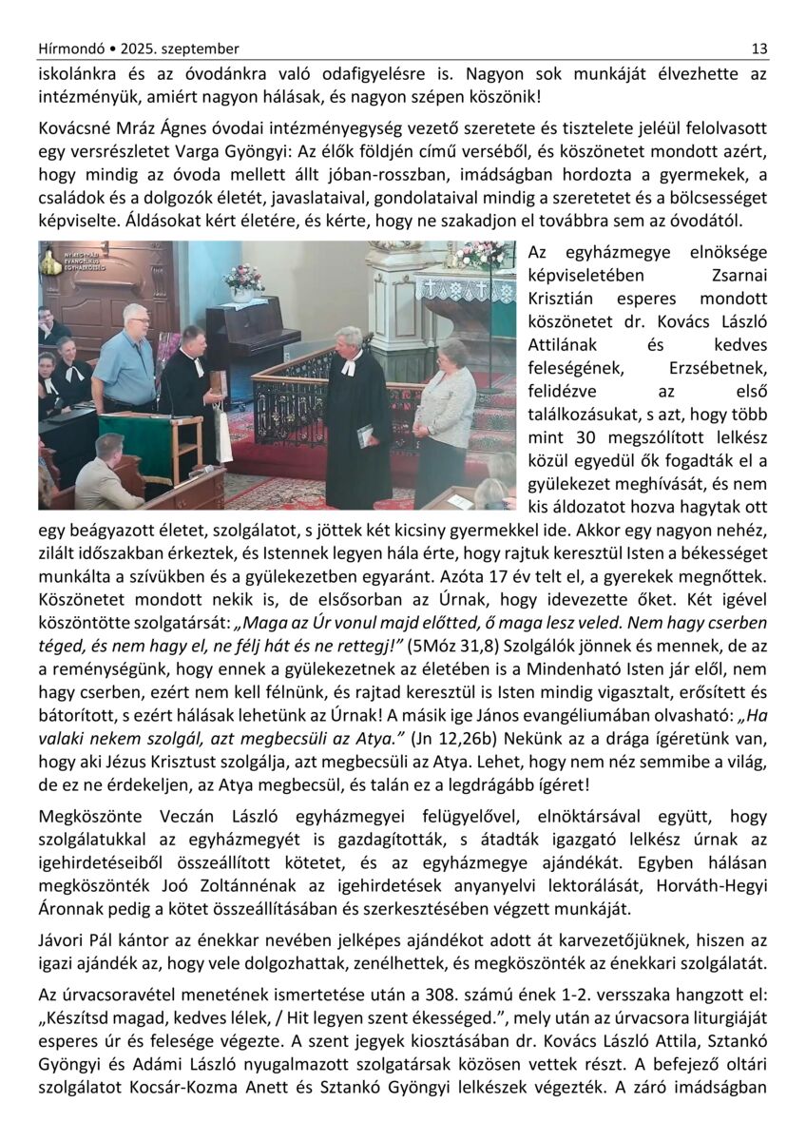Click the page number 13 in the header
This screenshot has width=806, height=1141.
(x=759, y=48)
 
